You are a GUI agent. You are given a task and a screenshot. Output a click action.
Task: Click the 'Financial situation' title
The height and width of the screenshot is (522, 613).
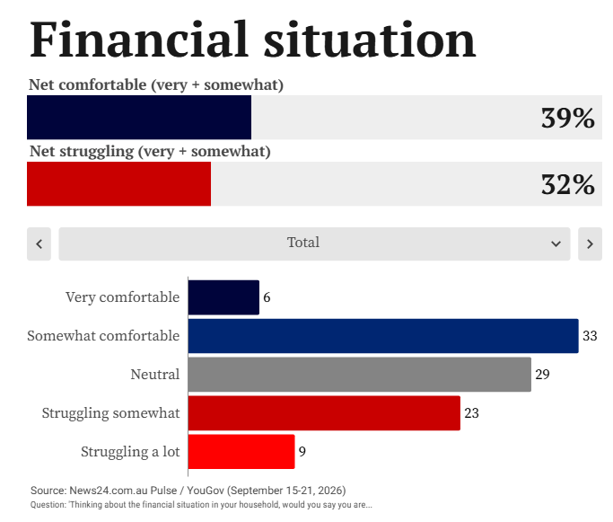point(252,40)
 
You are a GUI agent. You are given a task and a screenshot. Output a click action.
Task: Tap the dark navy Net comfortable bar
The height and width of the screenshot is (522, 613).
point(139,117)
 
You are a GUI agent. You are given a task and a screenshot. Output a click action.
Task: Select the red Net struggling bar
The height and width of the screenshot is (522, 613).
point(118,183)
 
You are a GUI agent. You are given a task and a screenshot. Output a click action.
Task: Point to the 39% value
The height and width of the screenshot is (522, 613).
point(567,118)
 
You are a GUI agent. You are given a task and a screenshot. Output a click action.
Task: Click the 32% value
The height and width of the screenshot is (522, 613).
point(567,184)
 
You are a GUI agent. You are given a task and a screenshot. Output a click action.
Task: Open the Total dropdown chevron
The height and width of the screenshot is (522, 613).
point(556,243)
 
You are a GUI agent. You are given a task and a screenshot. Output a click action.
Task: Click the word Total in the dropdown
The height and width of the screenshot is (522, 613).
point(303,243)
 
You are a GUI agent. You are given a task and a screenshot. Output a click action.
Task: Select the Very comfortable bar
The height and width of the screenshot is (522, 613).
point(223,297)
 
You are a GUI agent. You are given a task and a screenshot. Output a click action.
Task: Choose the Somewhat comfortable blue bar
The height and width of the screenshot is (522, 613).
point(383,336)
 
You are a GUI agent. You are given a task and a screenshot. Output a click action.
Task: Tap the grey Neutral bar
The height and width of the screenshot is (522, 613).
point(360,375)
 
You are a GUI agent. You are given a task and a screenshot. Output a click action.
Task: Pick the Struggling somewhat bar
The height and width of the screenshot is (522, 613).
point(324,412)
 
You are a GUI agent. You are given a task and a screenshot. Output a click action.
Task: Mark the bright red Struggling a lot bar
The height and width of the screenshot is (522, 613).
point(241,452)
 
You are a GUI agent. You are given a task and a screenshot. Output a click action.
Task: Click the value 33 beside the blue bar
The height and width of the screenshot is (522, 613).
point(590,336)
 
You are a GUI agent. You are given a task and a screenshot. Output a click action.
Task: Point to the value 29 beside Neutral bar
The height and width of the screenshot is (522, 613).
point(542,375)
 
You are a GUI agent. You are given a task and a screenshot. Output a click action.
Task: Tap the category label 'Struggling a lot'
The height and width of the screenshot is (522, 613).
point(130,452)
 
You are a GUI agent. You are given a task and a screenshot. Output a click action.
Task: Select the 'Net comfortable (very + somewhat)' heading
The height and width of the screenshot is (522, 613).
point(156,84)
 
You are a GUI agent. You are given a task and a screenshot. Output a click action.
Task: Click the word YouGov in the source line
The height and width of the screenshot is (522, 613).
point(206,491)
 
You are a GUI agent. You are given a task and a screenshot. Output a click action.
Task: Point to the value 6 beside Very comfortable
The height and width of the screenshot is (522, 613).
point(267,297)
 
